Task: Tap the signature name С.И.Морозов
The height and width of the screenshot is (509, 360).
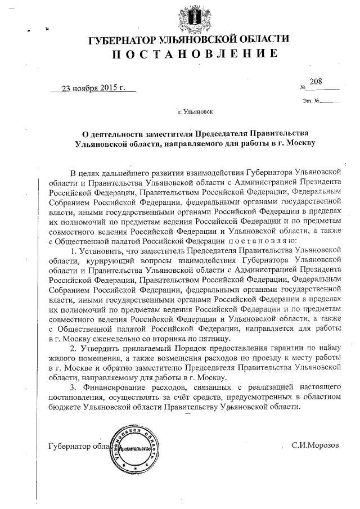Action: [316, 445]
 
